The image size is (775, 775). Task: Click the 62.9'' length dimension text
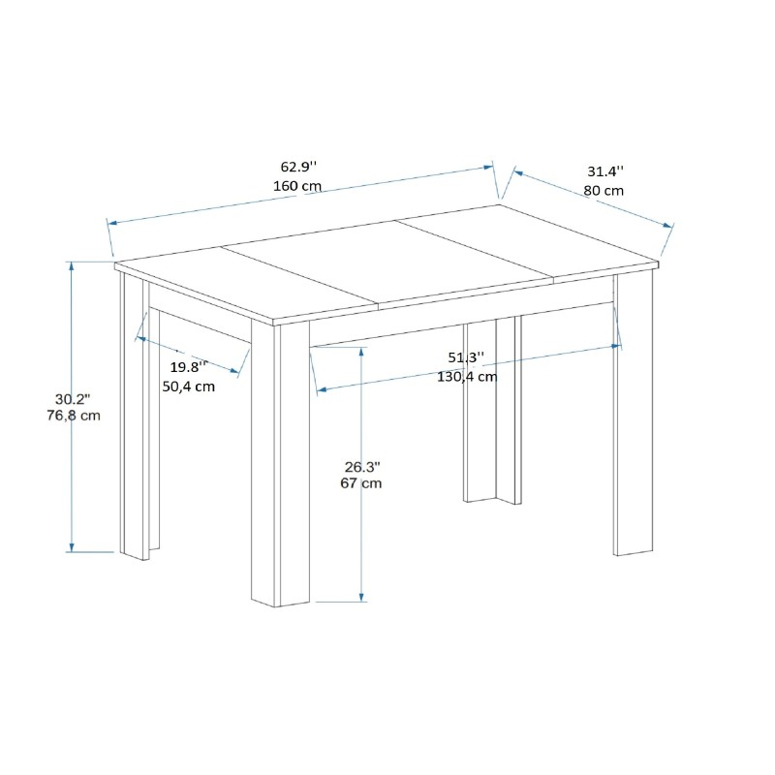coord(298,166)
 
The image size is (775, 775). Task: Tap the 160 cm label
coord(298,186)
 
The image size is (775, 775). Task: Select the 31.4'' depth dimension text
coord(604,170)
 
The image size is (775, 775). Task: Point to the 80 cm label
coord(604,190)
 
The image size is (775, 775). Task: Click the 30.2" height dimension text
coord(73,399)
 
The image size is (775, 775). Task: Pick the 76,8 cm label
coord(74,417)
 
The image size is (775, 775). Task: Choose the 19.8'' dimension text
coord(189,367)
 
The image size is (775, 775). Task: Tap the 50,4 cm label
coord(188,386)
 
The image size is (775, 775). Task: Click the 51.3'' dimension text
coord(466,357)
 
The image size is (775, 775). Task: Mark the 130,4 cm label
coord(466,377)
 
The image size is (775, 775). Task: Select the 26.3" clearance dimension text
coord(361,465)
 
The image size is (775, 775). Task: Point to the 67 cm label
coord(361,482)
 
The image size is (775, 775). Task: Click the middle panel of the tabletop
coord(387,262)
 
